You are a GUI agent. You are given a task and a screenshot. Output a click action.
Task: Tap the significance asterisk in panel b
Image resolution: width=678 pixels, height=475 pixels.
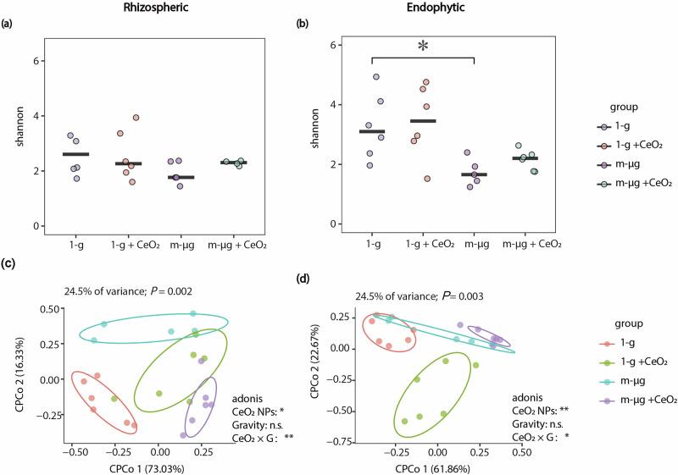[x=422, y=47]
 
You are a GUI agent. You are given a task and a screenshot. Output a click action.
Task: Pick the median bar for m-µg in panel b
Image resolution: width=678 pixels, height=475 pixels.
[x=474, y=174]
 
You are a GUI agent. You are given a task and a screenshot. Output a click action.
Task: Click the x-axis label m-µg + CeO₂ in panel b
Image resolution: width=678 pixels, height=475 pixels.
[x=525, y=244]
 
